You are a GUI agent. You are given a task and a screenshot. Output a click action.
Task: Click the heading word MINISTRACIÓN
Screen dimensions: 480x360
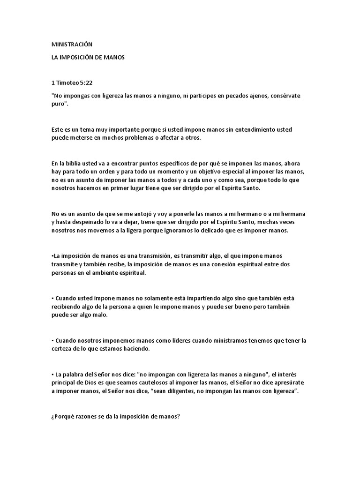point(72,45)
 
